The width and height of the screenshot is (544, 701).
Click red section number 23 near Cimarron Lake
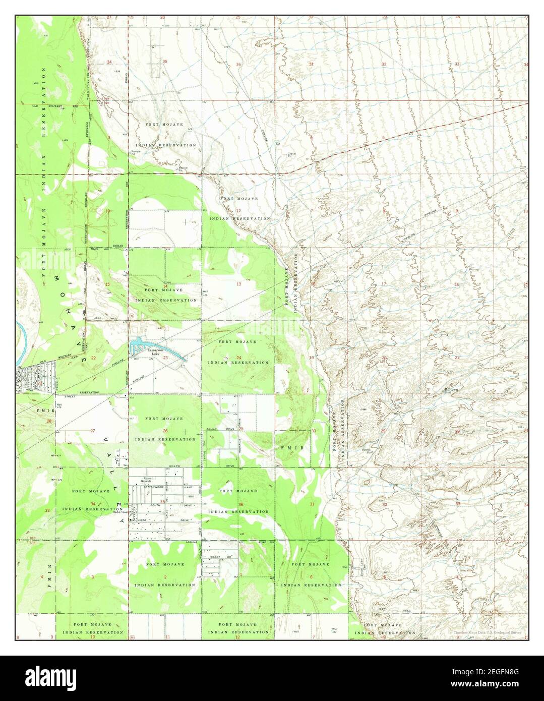165,358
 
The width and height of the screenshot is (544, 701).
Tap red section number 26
165,431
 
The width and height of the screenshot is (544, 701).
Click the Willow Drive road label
175,465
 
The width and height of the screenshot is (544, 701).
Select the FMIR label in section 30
282,447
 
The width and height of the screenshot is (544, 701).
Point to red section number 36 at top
238,64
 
